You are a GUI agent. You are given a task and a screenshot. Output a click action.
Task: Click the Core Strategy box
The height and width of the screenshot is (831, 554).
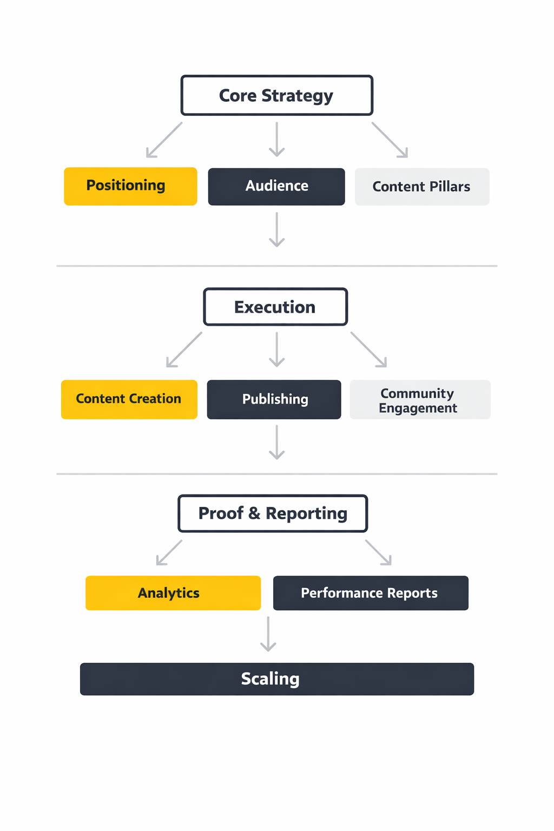click(x=276, y=95)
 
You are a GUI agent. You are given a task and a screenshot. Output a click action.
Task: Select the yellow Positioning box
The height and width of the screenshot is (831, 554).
click(x=130, y=186)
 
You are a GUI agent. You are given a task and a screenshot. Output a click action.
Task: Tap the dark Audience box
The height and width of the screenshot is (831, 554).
click(x=276, y=187)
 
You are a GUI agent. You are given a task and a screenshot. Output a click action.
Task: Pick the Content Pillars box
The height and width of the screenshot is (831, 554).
click(x=422, y=187)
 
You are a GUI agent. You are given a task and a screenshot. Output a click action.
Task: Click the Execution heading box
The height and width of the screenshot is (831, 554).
click(x=275, y=307)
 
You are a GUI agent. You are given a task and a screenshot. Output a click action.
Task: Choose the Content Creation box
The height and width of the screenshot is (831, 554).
click(x=129, y=399)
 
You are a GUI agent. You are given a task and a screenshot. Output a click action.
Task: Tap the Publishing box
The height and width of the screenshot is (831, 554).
click(x=274, y=399)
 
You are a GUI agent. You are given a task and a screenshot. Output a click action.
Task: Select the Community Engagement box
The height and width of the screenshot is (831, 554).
click(x=420, y=400)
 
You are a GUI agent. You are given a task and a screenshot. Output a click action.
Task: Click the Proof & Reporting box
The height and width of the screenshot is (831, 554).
click(x=273, y=513)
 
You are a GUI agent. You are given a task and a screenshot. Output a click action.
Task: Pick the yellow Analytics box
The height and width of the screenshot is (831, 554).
click(x=173, y=593)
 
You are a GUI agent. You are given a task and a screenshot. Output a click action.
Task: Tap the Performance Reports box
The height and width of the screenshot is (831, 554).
click(x=371, y=593)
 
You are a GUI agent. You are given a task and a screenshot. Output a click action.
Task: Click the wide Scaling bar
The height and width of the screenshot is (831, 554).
click(x=276, y=679)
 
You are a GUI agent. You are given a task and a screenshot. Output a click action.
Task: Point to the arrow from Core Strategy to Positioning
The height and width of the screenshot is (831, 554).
click(x=164, y=140)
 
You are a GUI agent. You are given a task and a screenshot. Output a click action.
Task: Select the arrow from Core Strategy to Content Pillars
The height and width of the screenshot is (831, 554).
click(x=390, y=140)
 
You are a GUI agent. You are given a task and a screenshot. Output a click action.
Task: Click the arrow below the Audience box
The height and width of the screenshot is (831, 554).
click(x=277, y=229)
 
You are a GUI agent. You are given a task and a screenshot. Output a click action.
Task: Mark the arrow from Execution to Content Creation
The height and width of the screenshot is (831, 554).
click(x=184, y=349)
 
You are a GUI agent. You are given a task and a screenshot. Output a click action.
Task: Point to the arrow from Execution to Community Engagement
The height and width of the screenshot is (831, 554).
click(x=369, y=349)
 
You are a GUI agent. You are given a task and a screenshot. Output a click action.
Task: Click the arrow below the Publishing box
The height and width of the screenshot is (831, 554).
click(x=277, y=442)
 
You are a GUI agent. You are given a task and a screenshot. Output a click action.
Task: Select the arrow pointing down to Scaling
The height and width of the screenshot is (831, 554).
click(x=268, y=634)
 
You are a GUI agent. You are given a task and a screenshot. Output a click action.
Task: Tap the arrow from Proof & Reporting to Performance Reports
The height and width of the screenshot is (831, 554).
click(x=378, y=552)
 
